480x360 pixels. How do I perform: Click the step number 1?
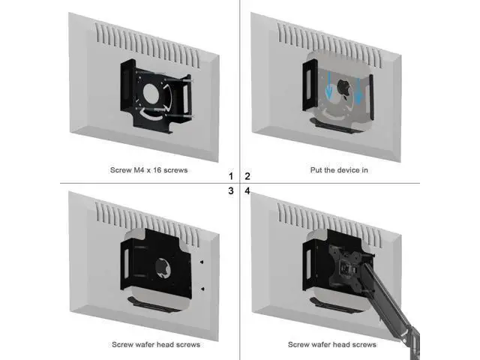tap(231, 176)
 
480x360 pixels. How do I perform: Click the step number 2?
tap(247, 176)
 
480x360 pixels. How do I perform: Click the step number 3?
tap(231, 190)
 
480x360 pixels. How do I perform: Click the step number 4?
tap(247, 190)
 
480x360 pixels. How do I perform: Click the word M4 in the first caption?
tap(139, 170)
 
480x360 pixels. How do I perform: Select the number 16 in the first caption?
tap(157, 170)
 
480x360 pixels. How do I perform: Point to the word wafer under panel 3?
tap(143, 345)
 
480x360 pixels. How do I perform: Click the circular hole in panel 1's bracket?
tap(150, 94)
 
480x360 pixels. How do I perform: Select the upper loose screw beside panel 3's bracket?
tap(202, 262)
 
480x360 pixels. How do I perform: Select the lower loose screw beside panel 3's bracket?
tap(202, 289)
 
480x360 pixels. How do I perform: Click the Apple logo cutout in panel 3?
tap(163, 268)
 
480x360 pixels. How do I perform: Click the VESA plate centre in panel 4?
tap(346, 268)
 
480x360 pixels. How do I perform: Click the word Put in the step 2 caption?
tap(316, 170)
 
